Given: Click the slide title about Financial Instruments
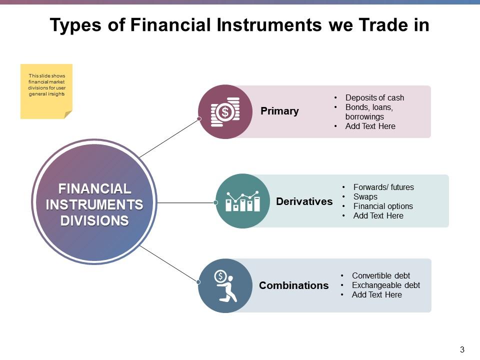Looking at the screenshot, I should pos(239,25).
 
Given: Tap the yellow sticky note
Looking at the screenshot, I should pos(46,91).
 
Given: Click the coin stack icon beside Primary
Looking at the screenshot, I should pos(225,111).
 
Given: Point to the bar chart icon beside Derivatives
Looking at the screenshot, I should pos(242,201).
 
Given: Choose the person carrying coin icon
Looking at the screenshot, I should pos(225,285).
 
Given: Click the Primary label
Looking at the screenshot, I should pos(279,111).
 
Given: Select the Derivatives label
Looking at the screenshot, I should pos(304,201).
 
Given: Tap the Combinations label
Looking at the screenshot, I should pos(293,285).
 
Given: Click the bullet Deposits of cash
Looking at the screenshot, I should pos(374,97).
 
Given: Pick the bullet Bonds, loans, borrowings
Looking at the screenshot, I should pos(369,112).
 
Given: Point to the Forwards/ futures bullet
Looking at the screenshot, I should pos(383,187).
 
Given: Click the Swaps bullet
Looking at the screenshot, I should pos(365,196).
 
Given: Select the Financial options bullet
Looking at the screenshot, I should pos(382,206).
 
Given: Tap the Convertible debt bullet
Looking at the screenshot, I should pos(380,275).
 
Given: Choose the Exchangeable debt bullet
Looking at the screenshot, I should pos(385,285).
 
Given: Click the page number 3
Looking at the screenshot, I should pos(462,349).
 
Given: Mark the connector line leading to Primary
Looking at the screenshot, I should pos(169,138).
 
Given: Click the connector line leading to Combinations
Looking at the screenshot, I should pos(169,264).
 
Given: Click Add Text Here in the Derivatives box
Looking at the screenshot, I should pos(378,215).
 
